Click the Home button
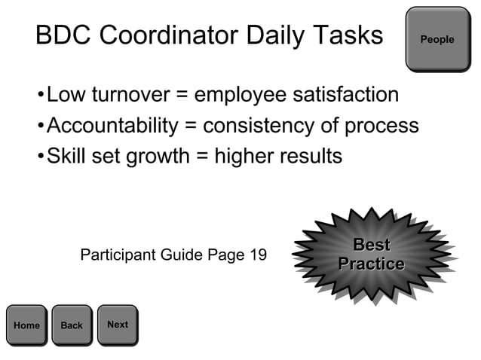(x=26, y=325)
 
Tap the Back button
(x=72, y=325)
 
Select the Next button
(x=118, y=325)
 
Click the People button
(x=437, y=39)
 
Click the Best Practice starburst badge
(x=371, y=255)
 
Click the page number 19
(x=256, y=255)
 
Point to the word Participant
(x=117, y=255)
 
